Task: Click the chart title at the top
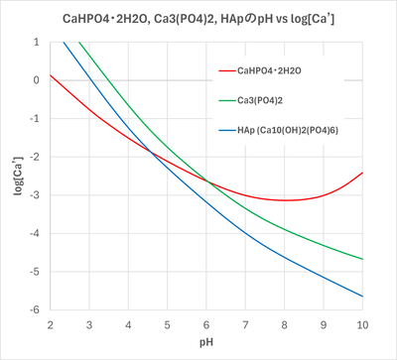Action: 198,17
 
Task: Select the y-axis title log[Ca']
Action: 17,176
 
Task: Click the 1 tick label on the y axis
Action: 38,43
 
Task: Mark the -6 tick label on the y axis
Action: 36,310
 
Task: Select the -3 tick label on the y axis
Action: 36,195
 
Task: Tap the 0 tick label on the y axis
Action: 38,80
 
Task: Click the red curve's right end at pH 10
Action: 362,173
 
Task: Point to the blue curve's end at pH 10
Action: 362,297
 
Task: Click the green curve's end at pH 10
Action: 362,259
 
